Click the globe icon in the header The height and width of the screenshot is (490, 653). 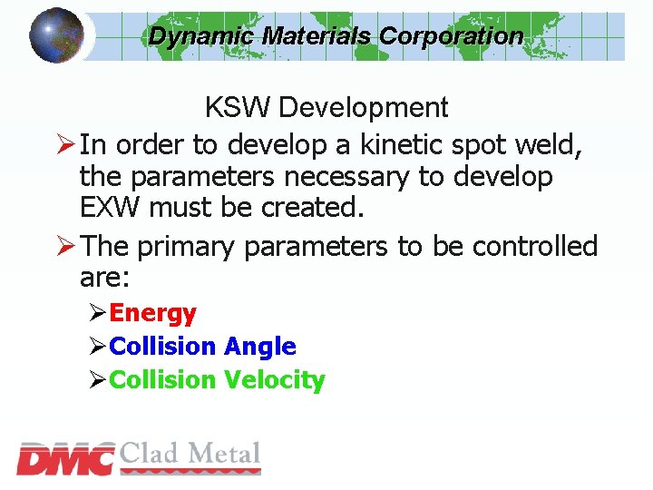click(x=56, y=34)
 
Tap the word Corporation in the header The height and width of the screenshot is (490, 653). click(x=451, y=36)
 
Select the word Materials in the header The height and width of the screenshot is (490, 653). click(x=317, y=36)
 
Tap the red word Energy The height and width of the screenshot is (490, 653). click(x=152, y=313)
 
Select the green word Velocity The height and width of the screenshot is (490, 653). click(x=274, y=380)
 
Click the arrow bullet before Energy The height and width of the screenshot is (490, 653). click(x=98, y=314)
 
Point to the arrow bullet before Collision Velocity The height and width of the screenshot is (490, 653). click(x=98, y=381)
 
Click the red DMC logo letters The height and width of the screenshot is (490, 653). click(x=65, y=459)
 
